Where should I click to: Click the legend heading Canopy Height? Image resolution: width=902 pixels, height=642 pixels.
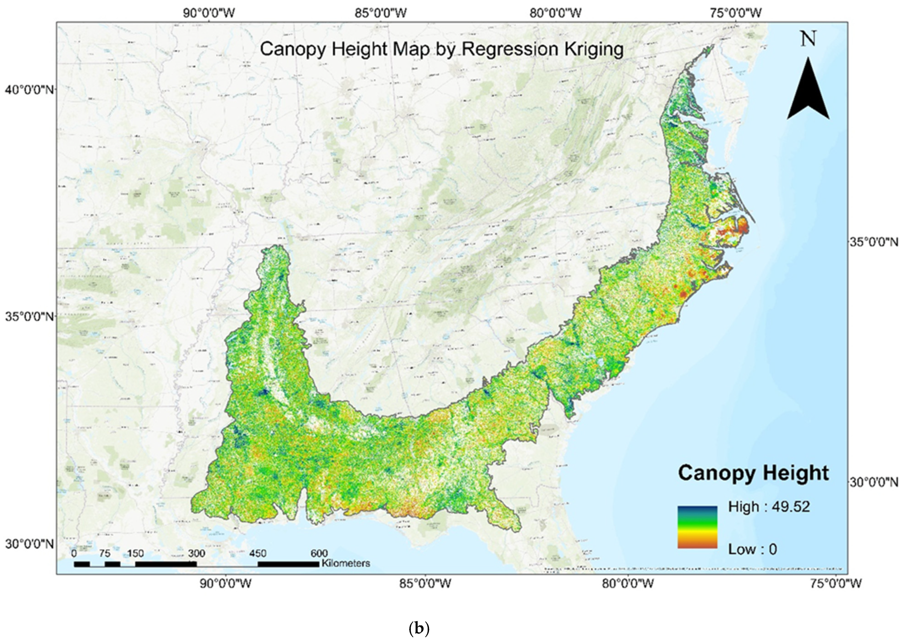pyautogui.click(x=753, y=473)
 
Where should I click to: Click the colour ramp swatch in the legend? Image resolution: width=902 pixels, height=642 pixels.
pyautogui.click(x=697, y=527)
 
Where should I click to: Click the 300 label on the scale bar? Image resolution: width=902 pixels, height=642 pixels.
pyautogui.click(x=196, y=553)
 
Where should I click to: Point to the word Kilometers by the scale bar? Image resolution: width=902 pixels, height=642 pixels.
pyautogui.click(x=346, y=563)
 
